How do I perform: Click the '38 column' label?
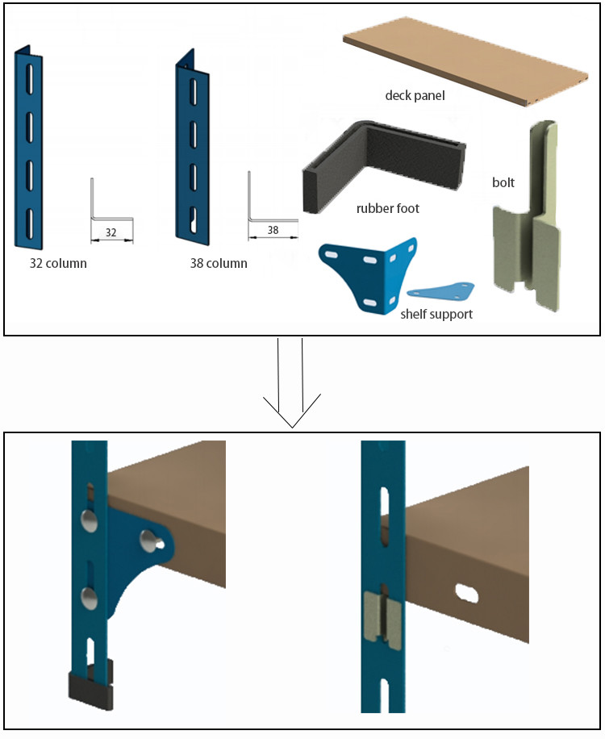click(x=219, y=263)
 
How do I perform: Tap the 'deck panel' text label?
click(x=415, y=96)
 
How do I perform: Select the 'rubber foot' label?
click(x=388, y=208)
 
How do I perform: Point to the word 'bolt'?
click(x=503, y=182)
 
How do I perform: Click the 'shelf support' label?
click(x=436, y=313)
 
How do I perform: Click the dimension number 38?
click(x=273, y=231)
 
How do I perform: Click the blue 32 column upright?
click(x=29, y=149)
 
